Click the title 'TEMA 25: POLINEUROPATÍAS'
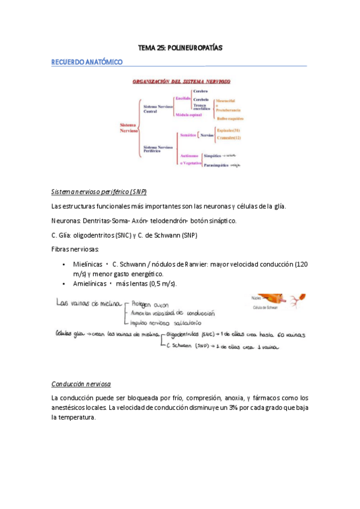coord(180,47)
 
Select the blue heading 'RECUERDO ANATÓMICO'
coord(87,62)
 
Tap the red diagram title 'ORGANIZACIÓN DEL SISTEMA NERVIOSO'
coord(181,81)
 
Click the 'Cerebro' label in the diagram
coord(200,91)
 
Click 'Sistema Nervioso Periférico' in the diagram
coord(158,149)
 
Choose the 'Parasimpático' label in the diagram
coord(217,164)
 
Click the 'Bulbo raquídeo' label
coord(229,119)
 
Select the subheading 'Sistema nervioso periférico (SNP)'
coord(99,191)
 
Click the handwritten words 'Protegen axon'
coord(149,303)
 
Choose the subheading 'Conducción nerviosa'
coord(81,384)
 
